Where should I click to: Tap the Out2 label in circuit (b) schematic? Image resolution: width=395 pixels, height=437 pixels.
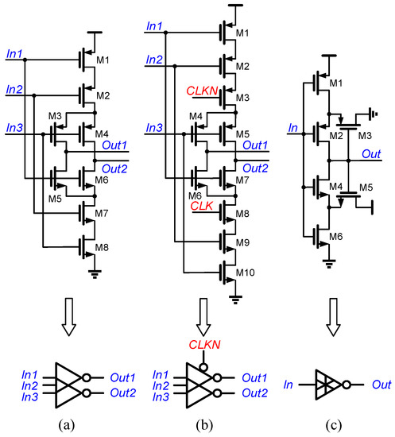tap(254, 168)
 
